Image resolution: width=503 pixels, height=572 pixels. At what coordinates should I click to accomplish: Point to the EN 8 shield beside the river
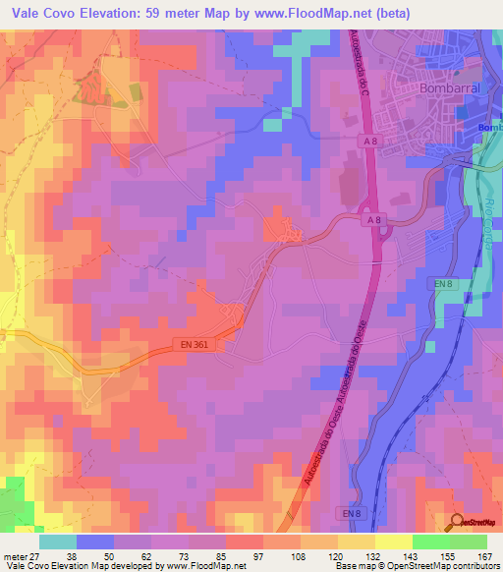click(x=443, y=283)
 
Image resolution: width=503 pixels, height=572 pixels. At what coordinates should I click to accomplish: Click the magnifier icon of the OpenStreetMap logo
click(x=458, y=521)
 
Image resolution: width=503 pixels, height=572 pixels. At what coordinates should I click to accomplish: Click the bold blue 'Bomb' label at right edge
click(x=489, y=128)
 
